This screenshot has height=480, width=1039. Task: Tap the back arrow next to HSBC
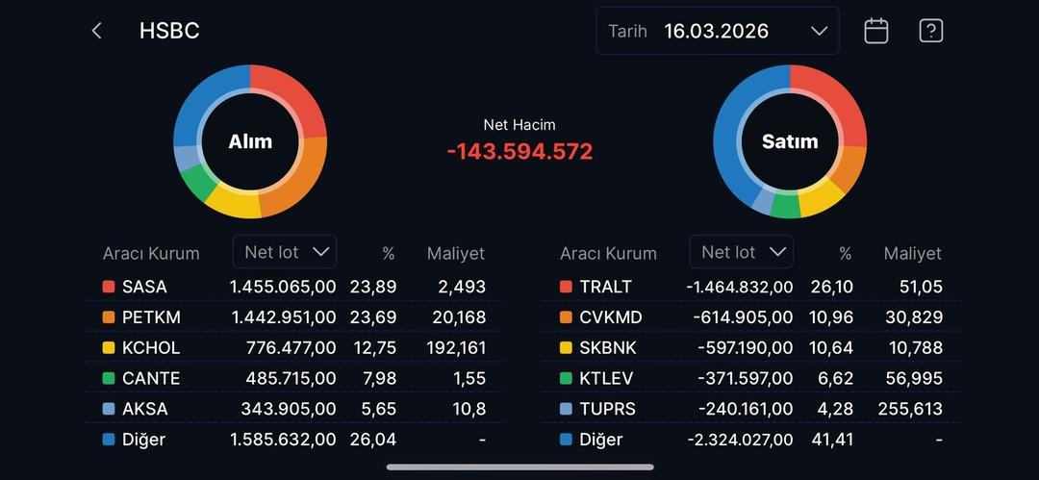[96, 31]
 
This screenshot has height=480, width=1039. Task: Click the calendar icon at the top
[875, 31]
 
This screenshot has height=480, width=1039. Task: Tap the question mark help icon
[930, 31]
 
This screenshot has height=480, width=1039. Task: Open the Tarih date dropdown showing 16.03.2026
[718, 31]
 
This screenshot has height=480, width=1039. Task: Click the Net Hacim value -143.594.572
[519, 151]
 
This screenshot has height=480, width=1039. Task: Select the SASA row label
[144, 287]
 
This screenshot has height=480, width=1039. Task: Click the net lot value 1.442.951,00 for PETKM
[283, 317]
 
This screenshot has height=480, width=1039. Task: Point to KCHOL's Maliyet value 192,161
[456, 348]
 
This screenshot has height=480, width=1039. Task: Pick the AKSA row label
[144, 409]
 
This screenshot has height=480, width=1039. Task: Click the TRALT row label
[605, 287]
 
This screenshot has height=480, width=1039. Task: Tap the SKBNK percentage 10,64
[833, 348]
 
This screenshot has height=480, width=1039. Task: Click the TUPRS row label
[607, 409]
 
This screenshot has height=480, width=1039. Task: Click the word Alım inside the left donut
[250, 141]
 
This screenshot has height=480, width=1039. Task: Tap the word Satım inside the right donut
[790, 141]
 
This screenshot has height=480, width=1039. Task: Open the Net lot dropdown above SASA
[285, 252]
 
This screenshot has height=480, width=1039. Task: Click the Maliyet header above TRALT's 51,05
[912, 254]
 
